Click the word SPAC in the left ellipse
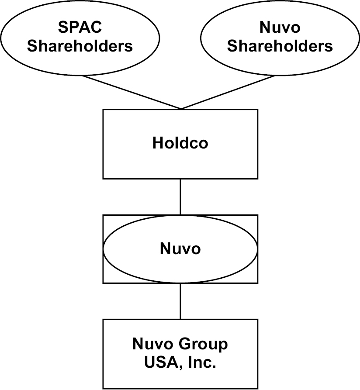tap(80, 28)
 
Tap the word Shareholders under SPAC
tap(80, 46)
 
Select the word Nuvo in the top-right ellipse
tap(280, 28)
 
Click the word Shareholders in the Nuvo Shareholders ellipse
tap(280, 46)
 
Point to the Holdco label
tap(180, 143)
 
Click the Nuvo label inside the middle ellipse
tap(180, 249)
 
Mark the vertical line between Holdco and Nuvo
tap(180, 197)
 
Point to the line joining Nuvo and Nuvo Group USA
tap(180, 301)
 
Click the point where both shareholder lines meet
tap(180, 109)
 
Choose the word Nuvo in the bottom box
tap(152, 345)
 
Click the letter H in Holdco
tap(157, 143)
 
